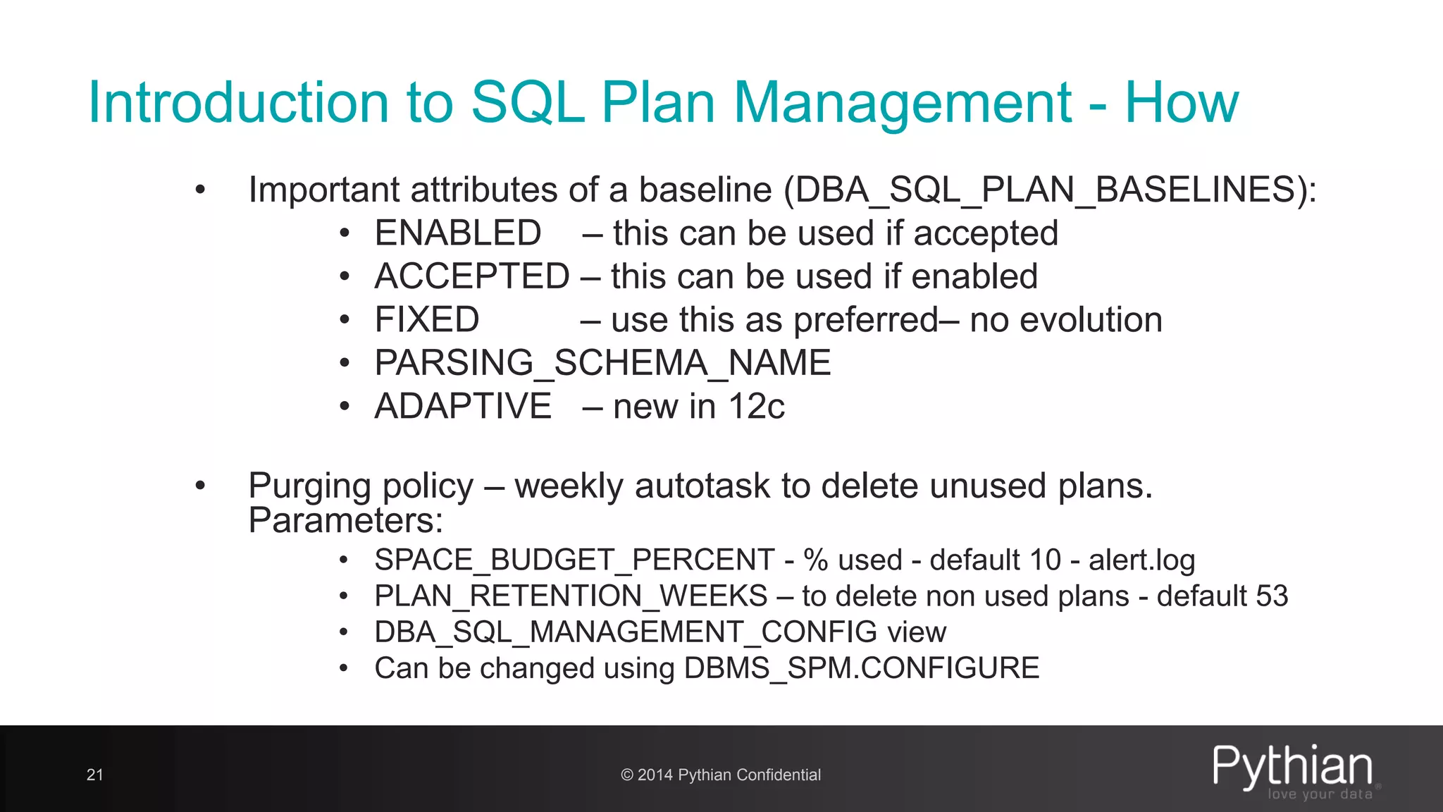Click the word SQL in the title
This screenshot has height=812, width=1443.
click(x=527, y=103)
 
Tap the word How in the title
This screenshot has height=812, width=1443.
click(x=1181, y=103)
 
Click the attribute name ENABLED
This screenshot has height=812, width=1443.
click(x=458, y=233)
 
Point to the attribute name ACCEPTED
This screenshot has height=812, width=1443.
click(x=472, y=276)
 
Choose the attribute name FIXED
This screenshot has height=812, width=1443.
click(x=427, y=320)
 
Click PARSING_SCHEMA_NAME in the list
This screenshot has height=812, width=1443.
click(x=602, y=363)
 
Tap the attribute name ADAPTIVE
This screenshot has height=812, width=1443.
click(x=463, y=407)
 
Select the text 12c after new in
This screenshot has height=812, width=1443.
click(x=756, y=407)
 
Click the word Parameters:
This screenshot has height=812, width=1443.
click(x=346, y=521)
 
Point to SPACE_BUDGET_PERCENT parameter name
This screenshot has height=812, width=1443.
click(x=574, y=560)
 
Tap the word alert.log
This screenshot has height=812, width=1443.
click(x=1141, y=560)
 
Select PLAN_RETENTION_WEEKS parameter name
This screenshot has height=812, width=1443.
click(x=571, y=596)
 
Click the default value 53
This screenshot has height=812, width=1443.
click(x=1271, y=596)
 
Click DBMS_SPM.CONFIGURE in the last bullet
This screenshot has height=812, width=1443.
click(x=861, y=668)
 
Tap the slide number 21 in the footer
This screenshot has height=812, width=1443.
click(x=94, y=775)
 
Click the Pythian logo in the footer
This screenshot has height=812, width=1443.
click(x=1293, y=770)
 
